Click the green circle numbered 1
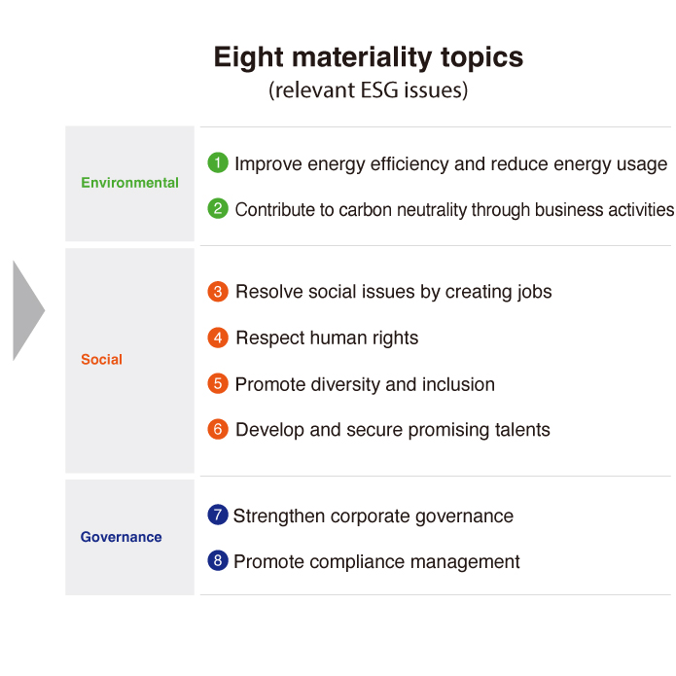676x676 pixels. click(218, 162)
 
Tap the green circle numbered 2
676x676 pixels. click(218, 209)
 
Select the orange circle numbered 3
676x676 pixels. click(218, 292)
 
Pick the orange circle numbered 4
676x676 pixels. click(218, 338)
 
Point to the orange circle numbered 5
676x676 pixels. click(218, 383)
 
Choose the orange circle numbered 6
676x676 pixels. click(218, 429)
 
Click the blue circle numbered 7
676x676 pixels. click(218, 515)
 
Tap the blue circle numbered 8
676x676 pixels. click(218, 560)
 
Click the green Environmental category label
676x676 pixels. click(129, 183)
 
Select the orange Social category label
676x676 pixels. click(102, 360)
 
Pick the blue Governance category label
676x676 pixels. click(122, 537)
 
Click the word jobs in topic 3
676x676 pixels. click(535, 293)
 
